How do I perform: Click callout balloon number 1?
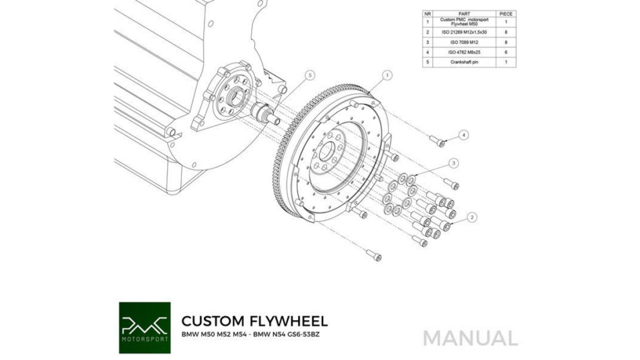point(387,75)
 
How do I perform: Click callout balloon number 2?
point(472,217)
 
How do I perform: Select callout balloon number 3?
point(454,163)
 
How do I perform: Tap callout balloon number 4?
point(463,135)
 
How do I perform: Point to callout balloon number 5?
point(310,75)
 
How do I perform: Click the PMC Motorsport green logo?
point(145,327)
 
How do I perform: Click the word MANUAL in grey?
point(471,338)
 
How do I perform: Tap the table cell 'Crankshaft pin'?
point(464,62)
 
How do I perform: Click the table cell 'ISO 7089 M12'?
point(464,42)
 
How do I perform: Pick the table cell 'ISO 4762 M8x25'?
point(464,52)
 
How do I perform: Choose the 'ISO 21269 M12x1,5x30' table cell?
point(464,32)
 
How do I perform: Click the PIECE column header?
point(506,14)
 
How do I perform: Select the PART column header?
point(464,14)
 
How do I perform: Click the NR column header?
point(427,14)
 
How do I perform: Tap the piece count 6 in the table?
point(506,52)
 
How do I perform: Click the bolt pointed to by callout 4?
point(437,141)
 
